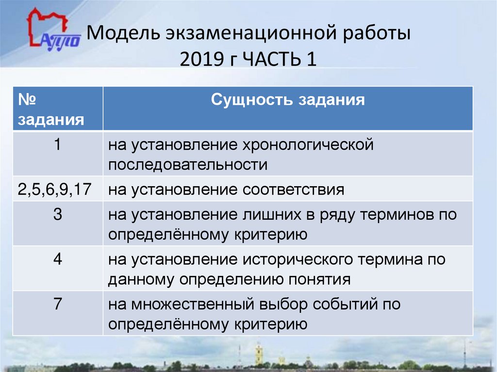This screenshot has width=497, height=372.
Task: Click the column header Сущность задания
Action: tap(288, 100)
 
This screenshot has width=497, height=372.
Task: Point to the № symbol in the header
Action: tap(28, 100)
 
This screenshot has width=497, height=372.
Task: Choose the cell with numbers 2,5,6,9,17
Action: tap(55, 189)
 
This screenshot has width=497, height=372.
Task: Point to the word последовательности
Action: tap(188, 164)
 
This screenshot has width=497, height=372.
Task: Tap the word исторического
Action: tap(298, 259)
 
